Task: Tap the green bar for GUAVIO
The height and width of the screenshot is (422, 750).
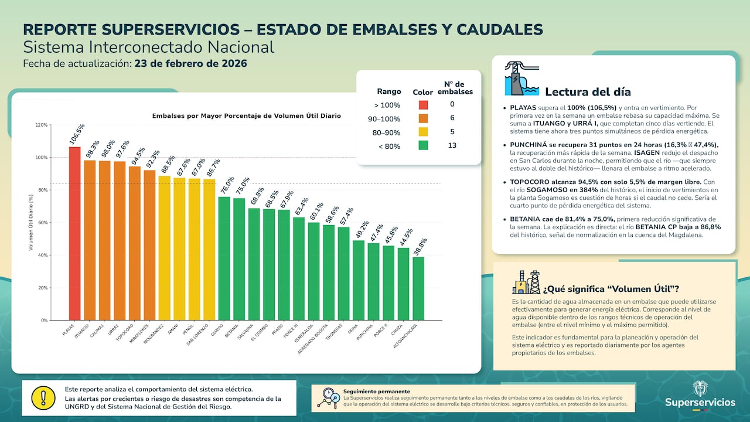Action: pyautogui.click(x=224, y=258)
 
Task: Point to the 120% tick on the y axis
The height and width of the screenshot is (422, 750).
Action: pyautogui.click(x=41, y=125)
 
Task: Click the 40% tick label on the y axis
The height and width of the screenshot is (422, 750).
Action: pyautogui.click(x=41, y=256)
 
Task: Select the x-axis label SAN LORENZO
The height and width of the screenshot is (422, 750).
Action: pyautogui.click(x=198, y=334)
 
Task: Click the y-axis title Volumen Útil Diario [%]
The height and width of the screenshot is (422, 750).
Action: pyautogui.click(x=30, y=223)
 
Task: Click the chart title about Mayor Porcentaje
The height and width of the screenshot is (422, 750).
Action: pyautogui.click(x=246, y=116)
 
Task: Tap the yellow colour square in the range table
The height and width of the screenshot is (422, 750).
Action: pyautogui.click(x=423, y=132)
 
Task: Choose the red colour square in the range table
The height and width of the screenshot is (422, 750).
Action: pyautogui.click(x=423, y=105)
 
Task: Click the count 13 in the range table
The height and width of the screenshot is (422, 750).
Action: pyautogui.click(x=452, y=145)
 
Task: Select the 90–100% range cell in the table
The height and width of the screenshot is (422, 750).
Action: pyautogui.click(x=387, y=119)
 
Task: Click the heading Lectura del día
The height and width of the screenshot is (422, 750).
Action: pyautogui.click(x=588, y=92)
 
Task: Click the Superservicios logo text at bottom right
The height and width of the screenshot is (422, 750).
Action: pyautogui.click(x=700, y=403)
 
